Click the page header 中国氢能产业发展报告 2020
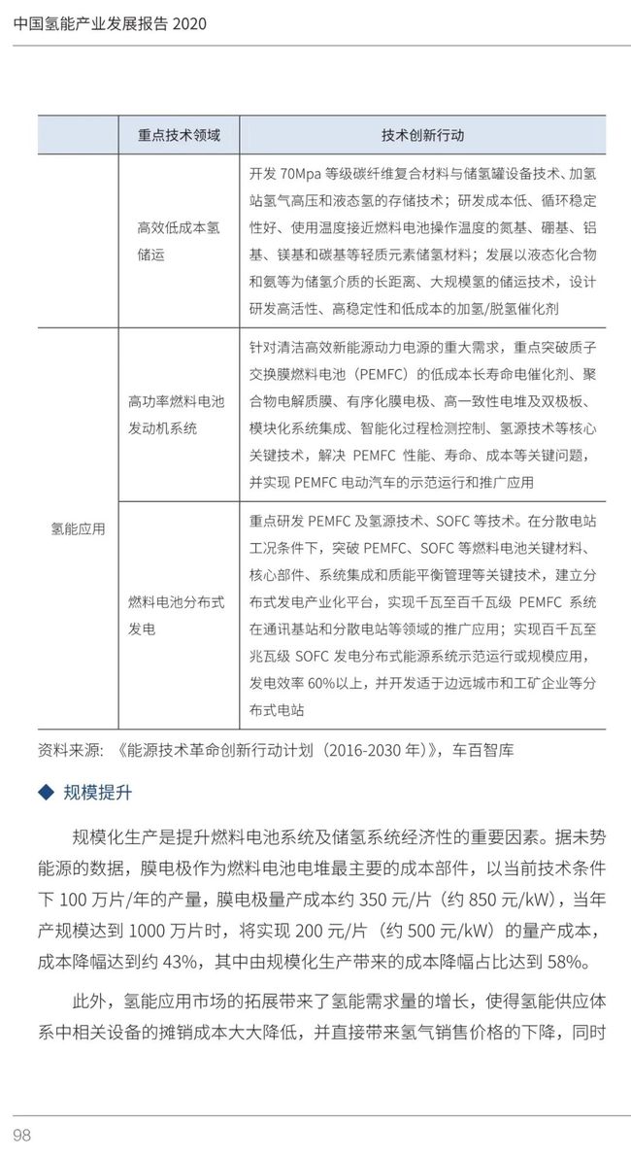[112, 23]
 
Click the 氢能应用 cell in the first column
[79, 528]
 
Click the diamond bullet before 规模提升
[45, 793]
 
